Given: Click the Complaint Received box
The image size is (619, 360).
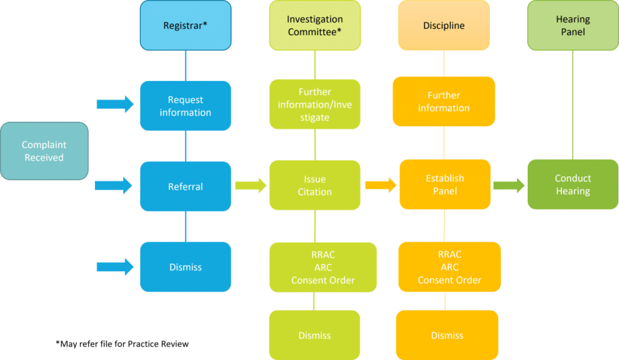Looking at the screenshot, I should click(x=44, y=151).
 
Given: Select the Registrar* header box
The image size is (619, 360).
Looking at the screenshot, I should click(x=186, y=25).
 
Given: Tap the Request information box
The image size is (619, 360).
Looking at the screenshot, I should click(x=186, y=106).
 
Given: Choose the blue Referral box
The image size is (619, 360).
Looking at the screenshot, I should click(x=186, y=187).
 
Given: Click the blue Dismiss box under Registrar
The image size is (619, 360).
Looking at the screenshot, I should click(x=186, y=267).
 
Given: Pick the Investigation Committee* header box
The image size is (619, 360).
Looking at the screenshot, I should click(x=314, y=25).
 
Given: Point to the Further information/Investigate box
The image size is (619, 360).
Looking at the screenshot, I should click(x=314, y=104).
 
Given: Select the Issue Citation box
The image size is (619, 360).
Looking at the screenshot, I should click(x=314, y=185).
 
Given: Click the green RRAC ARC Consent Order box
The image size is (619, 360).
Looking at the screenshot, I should click(x=322, y=268).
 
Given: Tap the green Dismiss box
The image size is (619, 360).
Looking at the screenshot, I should click(x=314, y=335).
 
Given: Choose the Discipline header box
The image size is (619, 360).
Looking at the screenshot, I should click(x=444, y=25).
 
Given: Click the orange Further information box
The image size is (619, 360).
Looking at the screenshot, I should click(x=444, y=101).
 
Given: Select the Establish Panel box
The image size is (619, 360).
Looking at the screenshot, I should click(x=444, y=185).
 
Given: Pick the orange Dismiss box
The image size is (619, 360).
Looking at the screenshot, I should click(x=447, y=335).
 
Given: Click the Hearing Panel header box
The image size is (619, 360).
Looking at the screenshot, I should click(x=572, y=25).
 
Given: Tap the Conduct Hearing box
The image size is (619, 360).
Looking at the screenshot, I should click(x=572, y=185).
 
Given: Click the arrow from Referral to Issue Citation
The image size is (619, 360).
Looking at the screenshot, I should click(x=250, y=185).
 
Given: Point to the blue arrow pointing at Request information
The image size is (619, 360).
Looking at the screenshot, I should click(x=115, y=104).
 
